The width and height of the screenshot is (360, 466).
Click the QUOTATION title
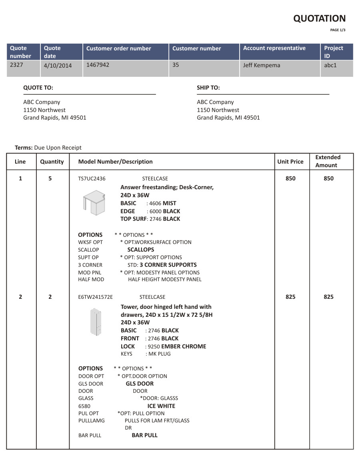click(319, 18)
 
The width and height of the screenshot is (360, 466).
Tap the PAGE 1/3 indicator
click(338, 30)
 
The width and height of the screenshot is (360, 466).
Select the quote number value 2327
click(16, 64)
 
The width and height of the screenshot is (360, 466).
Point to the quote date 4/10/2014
click(58, 65)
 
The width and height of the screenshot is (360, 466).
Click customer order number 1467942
click(98, 64)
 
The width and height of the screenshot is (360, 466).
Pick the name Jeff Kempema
click(262, 65)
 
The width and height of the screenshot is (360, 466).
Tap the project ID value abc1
click(330, 65)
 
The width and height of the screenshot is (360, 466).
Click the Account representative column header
click(274, 48)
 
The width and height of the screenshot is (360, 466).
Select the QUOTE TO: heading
click(38, 88)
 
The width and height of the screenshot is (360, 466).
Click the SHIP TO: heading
click(208, 88)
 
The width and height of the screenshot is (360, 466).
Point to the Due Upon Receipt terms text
click(58, 148)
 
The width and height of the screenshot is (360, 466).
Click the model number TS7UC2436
click(92, 179)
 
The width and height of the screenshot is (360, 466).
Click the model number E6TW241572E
click(95, 297)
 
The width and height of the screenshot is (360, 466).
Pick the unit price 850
click(290, 178)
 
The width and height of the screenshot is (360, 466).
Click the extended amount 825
click(328, 297)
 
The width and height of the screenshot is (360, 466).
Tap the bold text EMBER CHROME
click(184, 346)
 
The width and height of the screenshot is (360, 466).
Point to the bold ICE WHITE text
click(161, 406)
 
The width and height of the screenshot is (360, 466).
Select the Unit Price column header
click(290, 162)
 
